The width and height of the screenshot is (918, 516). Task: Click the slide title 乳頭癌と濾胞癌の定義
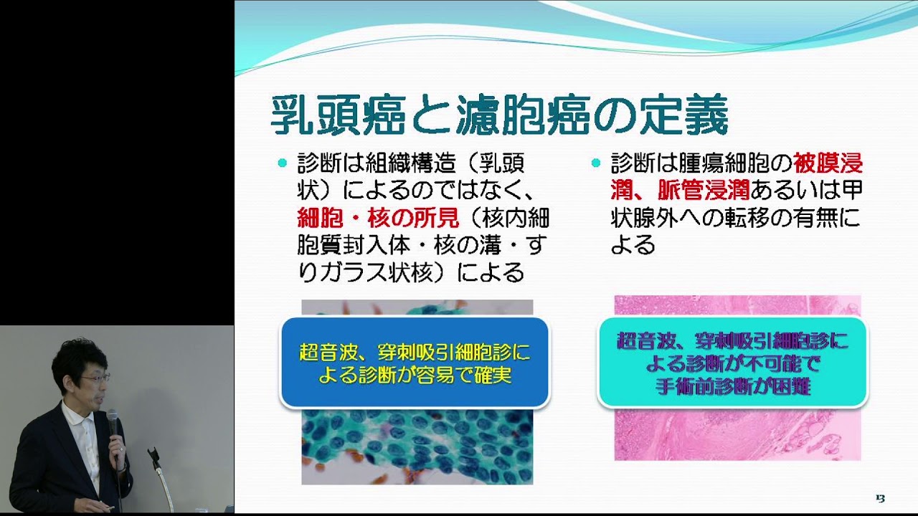pos(499,115)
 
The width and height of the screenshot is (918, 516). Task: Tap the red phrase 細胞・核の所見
pos(378,217)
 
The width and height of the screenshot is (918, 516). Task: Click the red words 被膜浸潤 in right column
pos(828,163)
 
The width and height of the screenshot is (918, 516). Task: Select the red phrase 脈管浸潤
pos(704,190)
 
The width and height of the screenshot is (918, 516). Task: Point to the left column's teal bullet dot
pos(282,163)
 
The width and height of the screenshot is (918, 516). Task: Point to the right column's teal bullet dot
pos(596,163)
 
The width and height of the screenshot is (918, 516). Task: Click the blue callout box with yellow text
pos(415,363)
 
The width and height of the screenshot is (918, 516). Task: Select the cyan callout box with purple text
pos(733,362)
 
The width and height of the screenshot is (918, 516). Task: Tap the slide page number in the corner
pos(880,498)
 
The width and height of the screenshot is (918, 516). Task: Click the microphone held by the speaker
pos(113,426)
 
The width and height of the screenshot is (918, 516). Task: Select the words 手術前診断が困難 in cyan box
pos(733,386)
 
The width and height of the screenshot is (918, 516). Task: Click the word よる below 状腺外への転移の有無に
pos(633,245)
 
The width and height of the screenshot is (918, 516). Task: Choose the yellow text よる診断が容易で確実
pos(415,375)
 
